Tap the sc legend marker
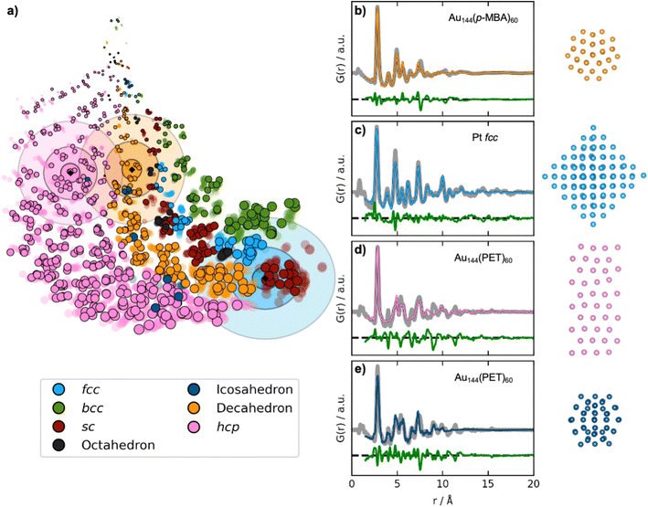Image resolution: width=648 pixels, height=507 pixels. pyautogui.click(x=57, y=426)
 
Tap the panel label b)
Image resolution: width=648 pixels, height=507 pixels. pyautogui.click(x=359, y=12)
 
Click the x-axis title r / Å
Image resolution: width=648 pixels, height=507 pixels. pyautogui.click(x=441, y=500)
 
